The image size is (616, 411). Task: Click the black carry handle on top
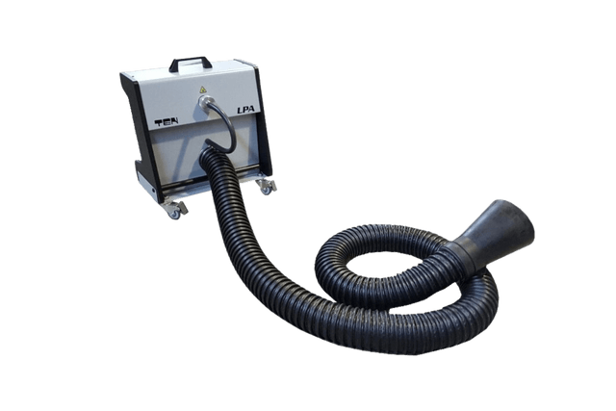coord(191,60)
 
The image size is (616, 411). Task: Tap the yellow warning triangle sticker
coord(203,90)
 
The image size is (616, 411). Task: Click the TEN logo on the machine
coord(167,122)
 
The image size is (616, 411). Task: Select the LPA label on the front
coord(245,110)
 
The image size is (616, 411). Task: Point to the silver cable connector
coord(203,101)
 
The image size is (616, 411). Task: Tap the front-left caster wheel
coord(175,212)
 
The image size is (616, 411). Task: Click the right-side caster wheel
coord(267,190)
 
